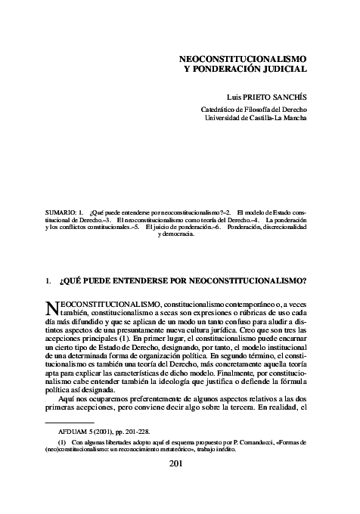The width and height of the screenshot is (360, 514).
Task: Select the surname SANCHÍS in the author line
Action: point(288,98)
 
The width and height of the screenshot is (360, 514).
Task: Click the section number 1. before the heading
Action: point(49,280)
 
